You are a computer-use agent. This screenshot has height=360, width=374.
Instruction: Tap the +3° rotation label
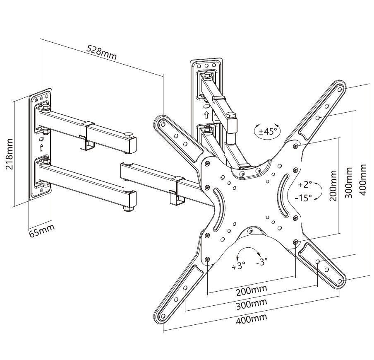point(238,266)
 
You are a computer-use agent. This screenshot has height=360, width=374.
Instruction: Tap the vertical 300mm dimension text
point(348,183)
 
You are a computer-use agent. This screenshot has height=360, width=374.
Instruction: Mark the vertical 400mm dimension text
point(363,179)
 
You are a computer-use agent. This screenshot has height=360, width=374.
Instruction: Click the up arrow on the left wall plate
point(41,147)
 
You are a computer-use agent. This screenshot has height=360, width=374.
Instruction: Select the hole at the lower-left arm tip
point(163,317)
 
